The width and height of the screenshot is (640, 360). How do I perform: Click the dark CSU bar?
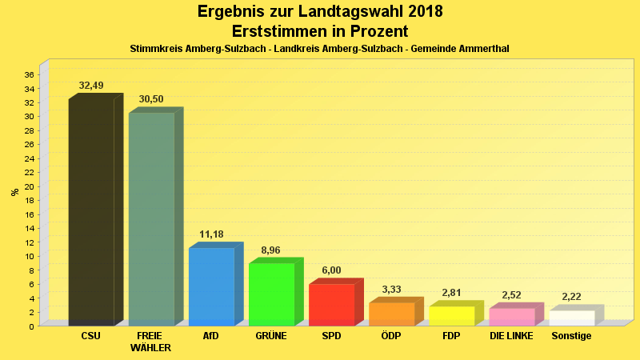coord(91,212)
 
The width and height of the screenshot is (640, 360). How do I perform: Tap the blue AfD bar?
coord(211,286)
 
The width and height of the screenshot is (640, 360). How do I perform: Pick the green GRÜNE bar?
coord(271,294)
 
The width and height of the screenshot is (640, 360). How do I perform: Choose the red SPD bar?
coord(331,304)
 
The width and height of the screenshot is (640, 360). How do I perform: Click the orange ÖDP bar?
coord(391,314)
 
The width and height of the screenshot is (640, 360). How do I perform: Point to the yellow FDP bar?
coord(451,315)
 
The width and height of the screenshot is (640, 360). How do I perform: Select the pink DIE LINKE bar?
coord(511,316)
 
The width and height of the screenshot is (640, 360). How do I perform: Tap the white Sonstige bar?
coord(571,318)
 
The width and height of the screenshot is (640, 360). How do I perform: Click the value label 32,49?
coord(91,86)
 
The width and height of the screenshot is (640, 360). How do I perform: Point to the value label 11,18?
coord(211,234)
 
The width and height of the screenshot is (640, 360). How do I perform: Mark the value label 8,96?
coord(271,250)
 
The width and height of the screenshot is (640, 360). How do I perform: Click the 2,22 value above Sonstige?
coord(571,297)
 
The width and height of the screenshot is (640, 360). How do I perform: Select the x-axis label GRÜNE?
coord(271,336)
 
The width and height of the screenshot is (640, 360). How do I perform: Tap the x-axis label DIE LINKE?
coord(511,336)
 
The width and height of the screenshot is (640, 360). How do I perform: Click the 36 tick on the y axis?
coord(29,74)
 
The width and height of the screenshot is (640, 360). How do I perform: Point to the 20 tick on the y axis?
coord(29,186)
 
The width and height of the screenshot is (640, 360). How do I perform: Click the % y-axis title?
coord(14,192)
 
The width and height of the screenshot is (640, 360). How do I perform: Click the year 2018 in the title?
coord(421,12)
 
